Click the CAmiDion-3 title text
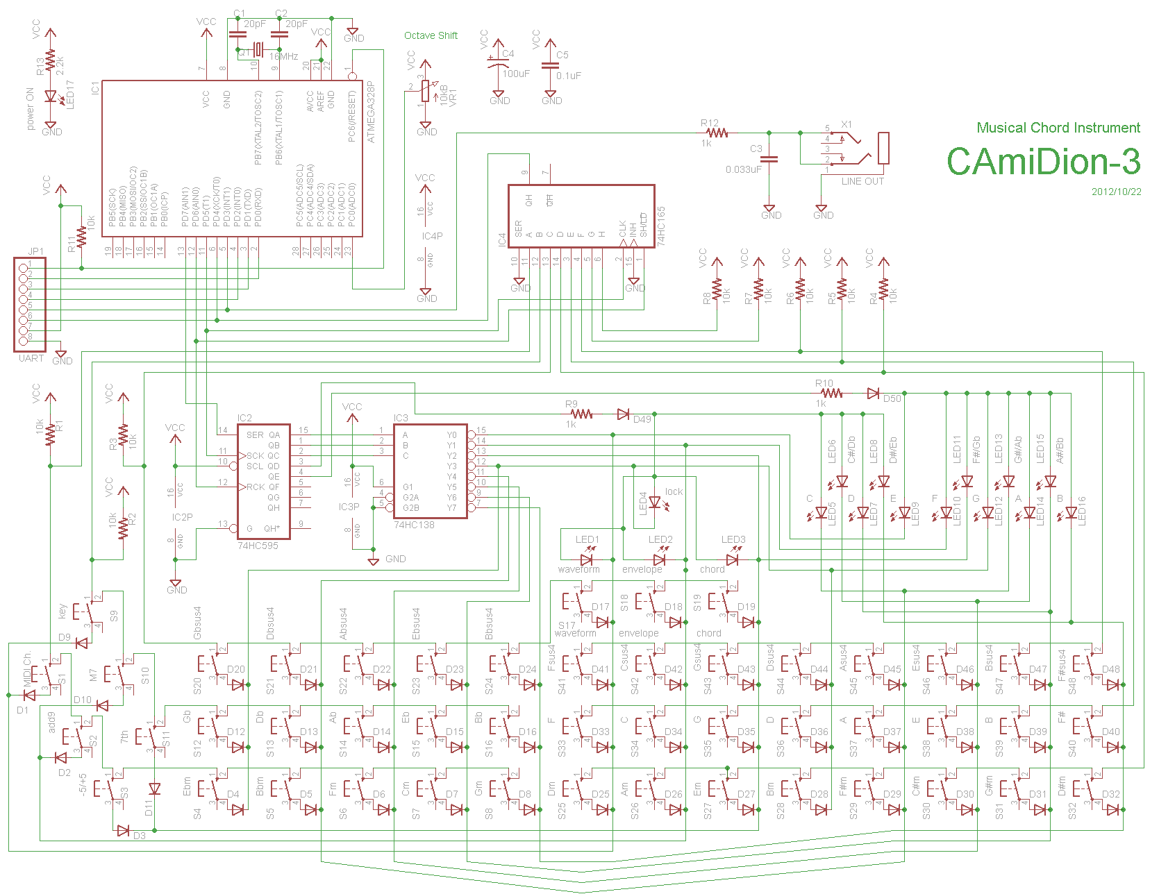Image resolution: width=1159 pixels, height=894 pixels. [x=1043, y=162]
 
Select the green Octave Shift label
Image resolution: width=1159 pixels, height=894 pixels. [x=431, y=35]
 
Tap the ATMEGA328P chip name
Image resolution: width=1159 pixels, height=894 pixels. [x=371, y=112]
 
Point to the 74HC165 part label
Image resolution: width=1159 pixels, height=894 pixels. [x=661, y=226]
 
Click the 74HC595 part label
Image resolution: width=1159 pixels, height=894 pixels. [x=258, y=546]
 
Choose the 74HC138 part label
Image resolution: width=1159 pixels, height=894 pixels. [x=414, y=525]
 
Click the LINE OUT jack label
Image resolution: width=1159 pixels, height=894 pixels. [x=862, y=181]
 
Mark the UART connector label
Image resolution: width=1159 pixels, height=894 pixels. [x=31, y=358]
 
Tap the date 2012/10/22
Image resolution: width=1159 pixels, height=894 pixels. [x=1116, y=192]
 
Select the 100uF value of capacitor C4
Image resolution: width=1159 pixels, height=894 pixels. [x=516, y=74]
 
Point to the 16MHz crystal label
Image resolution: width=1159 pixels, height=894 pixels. [x=283, y=56]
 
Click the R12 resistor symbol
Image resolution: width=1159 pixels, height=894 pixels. [x=717, y=133]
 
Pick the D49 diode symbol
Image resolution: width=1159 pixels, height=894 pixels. [x=624, y=414]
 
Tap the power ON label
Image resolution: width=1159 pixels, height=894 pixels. [x=30, y=109]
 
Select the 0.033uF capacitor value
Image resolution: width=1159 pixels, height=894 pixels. [x=743, y=169]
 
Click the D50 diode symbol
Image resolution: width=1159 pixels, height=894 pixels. [x=873, y=394]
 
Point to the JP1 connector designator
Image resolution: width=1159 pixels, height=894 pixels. [x=35, y=251]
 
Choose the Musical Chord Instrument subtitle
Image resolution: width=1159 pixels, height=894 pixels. [x=1058, y=128]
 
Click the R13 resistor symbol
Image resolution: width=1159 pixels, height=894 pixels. [x=50, y=60]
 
